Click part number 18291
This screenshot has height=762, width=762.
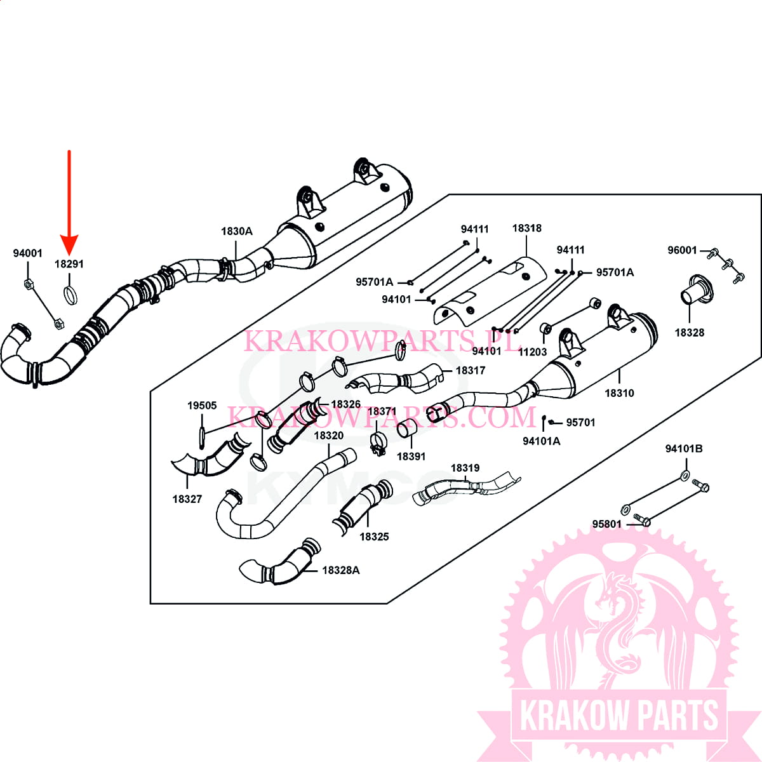tap(69, 264)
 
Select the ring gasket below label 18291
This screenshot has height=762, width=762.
tap(71, 296)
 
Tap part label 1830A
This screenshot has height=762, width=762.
tap(236, 231)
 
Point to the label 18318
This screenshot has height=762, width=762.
tap(526, 228)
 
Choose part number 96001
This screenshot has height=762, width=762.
tap(682, 250)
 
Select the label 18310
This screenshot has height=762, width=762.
tap(619, 393)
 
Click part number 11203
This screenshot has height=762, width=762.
tap(532, 352)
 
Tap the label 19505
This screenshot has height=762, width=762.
tap(202, 405)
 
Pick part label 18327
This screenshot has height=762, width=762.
tap(187, 499)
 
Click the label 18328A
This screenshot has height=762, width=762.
tap(341, 570)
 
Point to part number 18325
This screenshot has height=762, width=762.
tap(374, 537)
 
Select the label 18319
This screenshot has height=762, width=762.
tap(465, 468)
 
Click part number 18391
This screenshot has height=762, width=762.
tap(411, 456)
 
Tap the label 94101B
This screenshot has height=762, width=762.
tap(684, 449)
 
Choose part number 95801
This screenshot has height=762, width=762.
tap(607, 524)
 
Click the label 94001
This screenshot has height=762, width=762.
tap(28, 253)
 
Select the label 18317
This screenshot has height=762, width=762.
tap(471, 370)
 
